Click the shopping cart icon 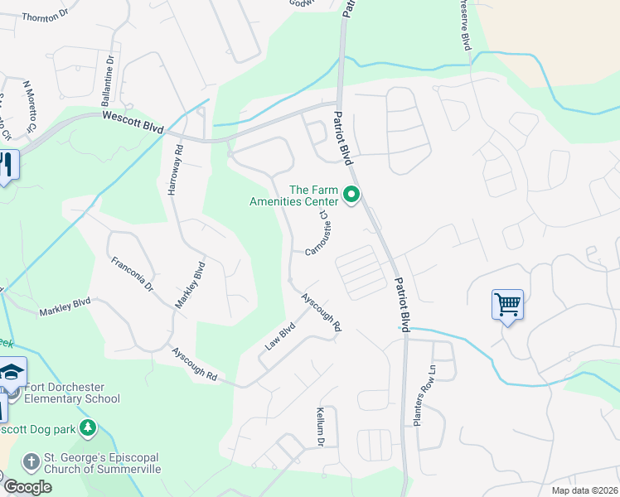click(x=507, y=304)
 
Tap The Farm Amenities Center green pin click(x=351, y=195)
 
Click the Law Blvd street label click(x=281, y=335)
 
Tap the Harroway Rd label click(x=175, y=170)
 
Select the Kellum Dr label click(x=319, y=427)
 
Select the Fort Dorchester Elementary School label click(x=72, y=393)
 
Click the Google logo click(x=27, y=486)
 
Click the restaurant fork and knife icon click(x=7, y=166)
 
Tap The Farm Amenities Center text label click(x=313, y=195)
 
